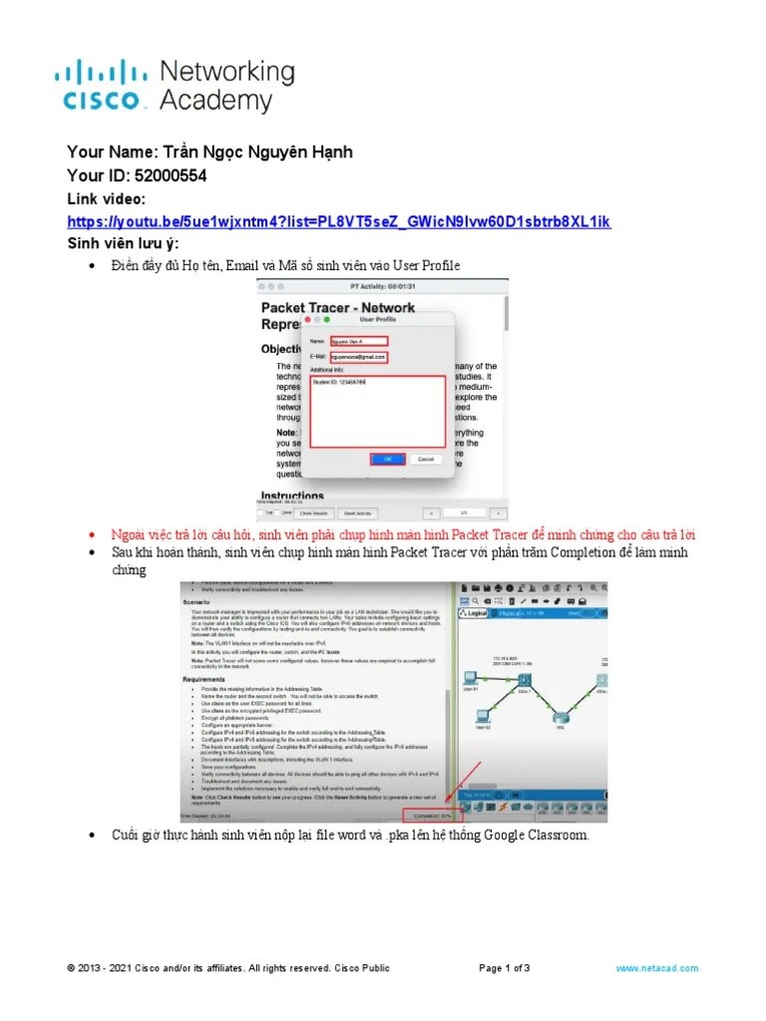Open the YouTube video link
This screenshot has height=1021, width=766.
[x=338, y=220]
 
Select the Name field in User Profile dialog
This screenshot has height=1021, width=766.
[x=358, y=341]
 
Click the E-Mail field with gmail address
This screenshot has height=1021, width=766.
[x=360, y=356]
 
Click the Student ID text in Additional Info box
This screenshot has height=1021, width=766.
[x=338, y=382]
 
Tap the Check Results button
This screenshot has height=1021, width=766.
[x=316, y=512]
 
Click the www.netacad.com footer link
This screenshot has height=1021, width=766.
[x=656, y=968]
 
